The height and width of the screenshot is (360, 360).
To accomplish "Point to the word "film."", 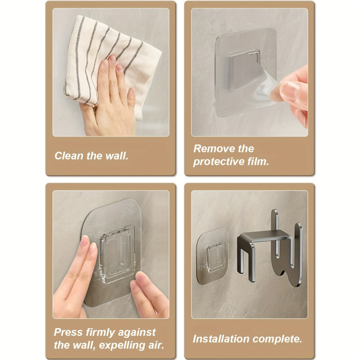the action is click(x=258, y=161).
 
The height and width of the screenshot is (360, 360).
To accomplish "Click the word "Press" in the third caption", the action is click(x=68, y=332).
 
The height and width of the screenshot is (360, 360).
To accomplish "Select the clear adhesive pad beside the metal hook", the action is click(x=212, y=256).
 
